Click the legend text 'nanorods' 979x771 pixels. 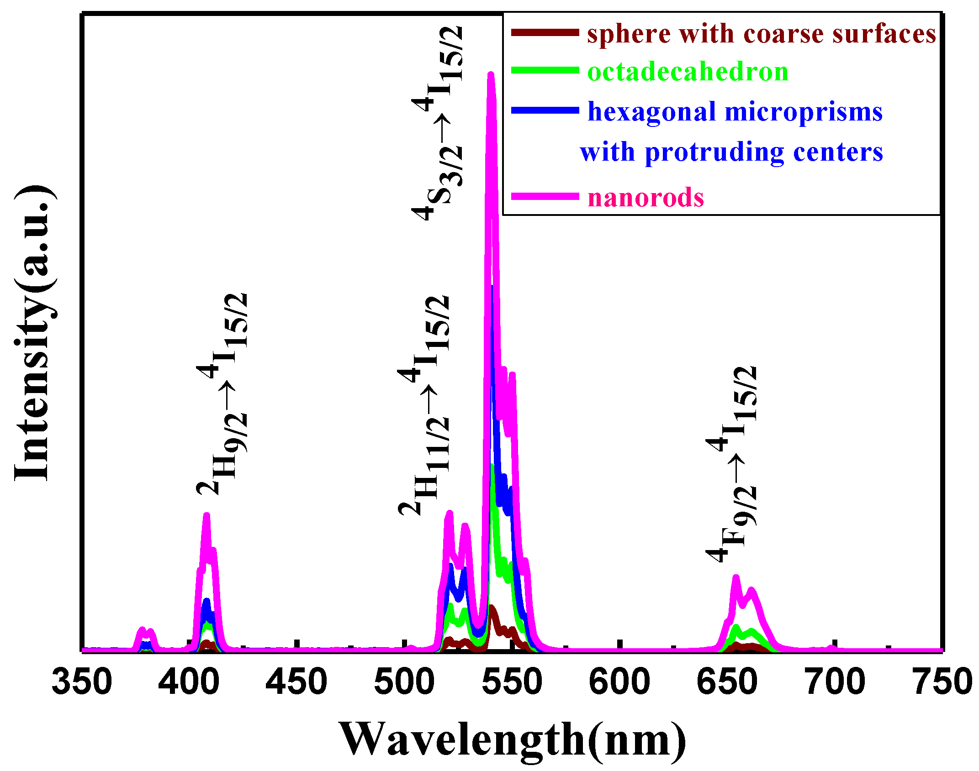[646, 198]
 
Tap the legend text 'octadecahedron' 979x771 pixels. [688, 72]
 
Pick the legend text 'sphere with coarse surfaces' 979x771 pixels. [762, 34]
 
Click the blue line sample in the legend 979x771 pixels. [545, 110]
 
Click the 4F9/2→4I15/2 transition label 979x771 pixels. [732, 463]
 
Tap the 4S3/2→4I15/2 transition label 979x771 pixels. [438, 123]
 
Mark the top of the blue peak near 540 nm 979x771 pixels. [492, 288]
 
